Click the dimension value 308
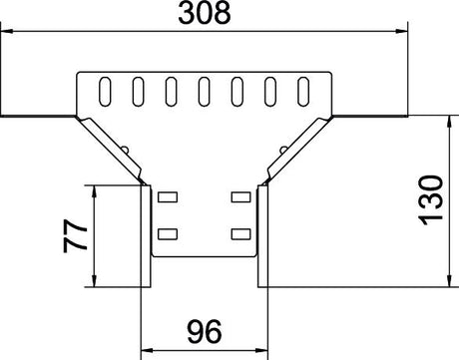pyautogui.click(x=205, y=13)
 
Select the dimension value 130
pyautogui.click(x=431, y=200)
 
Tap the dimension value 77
pyautogui.click(x=76, y=235)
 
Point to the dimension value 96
pyautogui.click(x=205, y=332)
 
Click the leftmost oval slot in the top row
pyautogui.click(x=105, y=92)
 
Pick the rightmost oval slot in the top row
pyautogui.click(x=303, y=92)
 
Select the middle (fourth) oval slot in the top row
pyautogui.click(x=204, y=92)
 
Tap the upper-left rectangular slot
pyautogui.click(x=168, y=196)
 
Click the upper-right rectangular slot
pyautogui.click(x=241, y=196)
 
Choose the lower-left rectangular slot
pyautogui.click(x=168, y=234)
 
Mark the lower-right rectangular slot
pyautogui.click(x=241, y=234)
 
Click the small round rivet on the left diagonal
pyautogui.click(x=126, y=150)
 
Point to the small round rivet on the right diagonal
pyautogui.click(x=283, y=150)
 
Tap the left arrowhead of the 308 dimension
pyautogui.click(x=7, y=31)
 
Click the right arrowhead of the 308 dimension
pyautogui.click(x=401, y=31)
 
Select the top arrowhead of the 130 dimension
pyautogui.click(x=450, y=122)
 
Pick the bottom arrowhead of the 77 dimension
pyautogui.click(x=95, y=280)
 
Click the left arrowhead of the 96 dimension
pyautogui.click(x=148, y=350)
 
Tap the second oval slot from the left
pyautogui.click(x=138, y=92)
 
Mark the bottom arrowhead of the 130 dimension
pyautogui.click(x=450, y=280)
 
